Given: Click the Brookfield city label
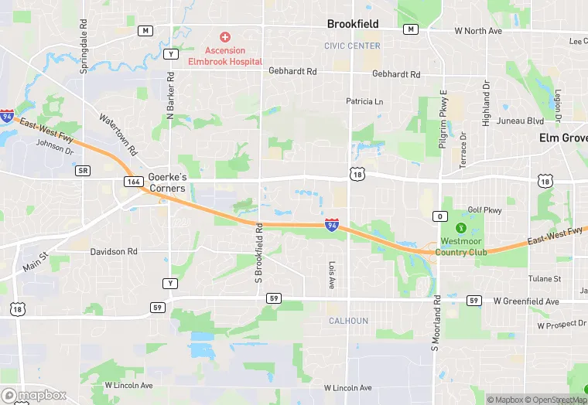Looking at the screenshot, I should [353, 24].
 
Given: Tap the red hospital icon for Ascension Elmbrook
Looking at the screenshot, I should [225, 36].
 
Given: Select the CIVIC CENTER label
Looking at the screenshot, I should [352, 46].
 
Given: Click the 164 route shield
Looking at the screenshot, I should [132, 181].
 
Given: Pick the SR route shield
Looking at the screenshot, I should [84, 170].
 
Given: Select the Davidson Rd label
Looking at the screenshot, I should [114, 251].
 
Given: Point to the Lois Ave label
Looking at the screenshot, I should [330, 274].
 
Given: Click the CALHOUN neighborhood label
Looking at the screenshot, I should [348, 321].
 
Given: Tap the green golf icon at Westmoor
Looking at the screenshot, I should [461, 228].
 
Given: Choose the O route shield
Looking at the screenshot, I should [439, 216].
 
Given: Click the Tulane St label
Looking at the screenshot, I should [545, 278].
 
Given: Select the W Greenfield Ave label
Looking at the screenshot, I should [526, 301].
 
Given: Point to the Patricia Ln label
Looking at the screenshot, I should [364, 101].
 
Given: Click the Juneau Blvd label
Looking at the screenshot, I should [524, 121].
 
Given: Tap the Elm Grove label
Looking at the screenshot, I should [563, 138].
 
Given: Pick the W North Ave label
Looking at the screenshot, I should [478, 31].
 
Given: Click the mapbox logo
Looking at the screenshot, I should [34, 395].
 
